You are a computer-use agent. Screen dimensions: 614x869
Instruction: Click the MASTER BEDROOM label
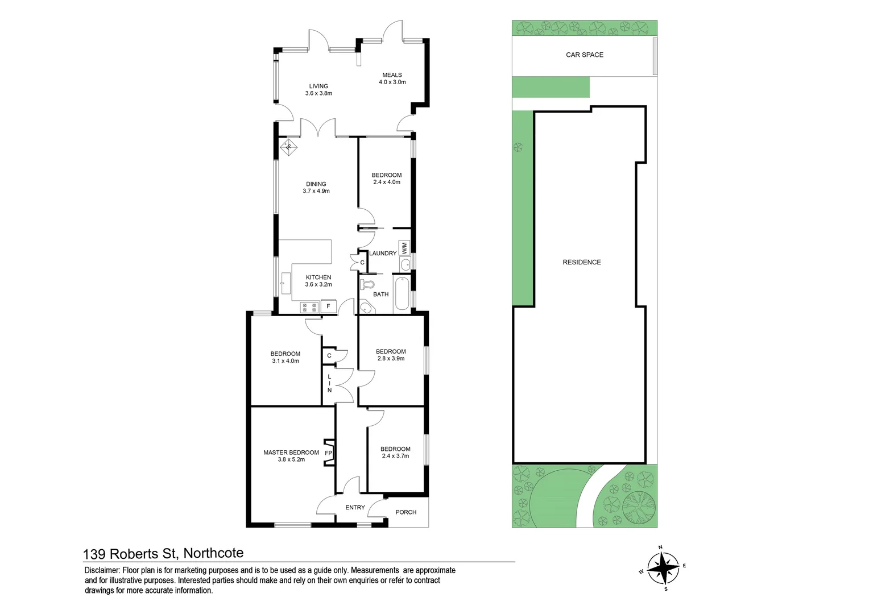(291, 453)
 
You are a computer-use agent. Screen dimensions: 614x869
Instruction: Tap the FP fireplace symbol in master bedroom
(329, 453)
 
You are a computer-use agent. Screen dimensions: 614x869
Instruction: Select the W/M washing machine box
(404, 248)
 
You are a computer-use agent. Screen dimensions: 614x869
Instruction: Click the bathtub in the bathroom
(402, 293)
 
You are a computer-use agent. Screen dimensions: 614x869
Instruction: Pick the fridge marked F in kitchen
(328, 306)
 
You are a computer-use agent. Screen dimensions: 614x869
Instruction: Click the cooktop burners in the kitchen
(309, 308)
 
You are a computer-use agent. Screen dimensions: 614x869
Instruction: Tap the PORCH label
(406, 512)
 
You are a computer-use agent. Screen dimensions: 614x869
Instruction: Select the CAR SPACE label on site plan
(585, 55)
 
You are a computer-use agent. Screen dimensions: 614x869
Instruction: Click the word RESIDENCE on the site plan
(582, 263)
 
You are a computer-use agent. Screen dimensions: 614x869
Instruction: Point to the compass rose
(663, 567)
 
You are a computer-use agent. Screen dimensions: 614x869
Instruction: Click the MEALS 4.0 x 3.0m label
(392, 78)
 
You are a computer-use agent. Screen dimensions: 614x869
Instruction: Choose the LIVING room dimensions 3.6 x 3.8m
(318, 93)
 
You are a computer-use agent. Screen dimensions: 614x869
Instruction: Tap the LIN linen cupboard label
(329, 384)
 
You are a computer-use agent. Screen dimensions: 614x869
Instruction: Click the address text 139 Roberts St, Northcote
(163, 553)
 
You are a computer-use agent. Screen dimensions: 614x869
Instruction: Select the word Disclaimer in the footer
(102, 570)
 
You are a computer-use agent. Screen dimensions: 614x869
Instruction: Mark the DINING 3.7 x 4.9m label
(316, 188)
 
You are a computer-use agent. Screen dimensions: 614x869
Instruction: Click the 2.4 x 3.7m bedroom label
(395, 456)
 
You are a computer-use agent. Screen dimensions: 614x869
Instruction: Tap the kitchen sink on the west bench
(285, 283)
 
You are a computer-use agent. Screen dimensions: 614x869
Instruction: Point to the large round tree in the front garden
(639, 506)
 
